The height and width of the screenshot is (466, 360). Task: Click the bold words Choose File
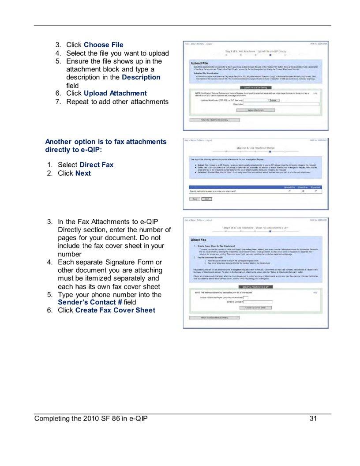[x=103, y=45]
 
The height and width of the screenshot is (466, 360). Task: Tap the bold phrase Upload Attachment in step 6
[x=115, y=93]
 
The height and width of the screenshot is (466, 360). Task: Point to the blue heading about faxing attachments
[x=106, y=146]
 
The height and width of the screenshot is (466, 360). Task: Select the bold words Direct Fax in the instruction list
[x=96, y=165]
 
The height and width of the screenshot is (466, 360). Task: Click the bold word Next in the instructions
[x=83, y=173]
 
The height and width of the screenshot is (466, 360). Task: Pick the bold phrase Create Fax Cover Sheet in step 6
[x=115, y=310]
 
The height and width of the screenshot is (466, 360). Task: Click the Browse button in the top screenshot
[x=274, y=100]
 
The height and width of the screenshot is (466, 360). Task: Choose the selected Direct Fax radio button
[x=303, y=192]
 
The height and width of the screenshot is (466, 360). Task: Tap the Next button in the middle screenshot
[x=206, y=199]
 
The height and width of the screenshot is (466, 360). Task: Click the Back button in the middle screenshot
[x=195, y=199]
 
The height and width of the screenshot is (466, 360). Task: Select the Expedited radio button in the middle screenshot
[x=316, y=192]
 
